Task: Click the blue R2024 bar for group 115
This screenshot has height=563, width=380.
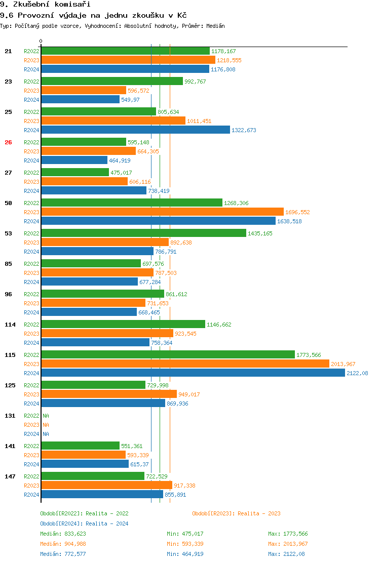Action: (x=193, y=373)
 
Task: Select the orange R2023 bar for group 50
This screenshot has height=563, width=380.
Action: (x=162, y=212)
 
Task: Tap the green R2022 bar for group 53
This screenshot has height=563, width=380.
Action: (x=143, y=233)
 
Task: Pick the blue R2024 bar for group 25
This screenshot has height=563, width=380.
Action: (x=135, y=130)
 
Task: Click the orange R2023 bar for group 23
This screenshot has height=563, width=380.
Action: (x=84, y=91)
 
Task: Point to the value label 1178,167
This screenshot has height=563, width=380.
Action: (x=223, y=51)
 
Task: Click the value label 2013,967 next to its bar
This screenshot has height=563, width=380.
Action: (x=344, y=364)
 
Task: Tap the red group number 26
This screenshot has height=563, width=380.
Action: (x=8, y=142)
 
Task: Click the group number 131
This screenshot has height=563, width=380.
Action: (x=10, y=416)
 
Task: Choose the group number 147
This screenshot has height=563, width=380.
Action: (x=10, y=476)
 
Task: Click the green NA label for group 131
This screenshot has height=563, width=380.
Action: (x=46, y=416)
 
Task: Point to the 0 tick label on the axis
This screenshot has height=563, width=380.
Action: (x=41, y=42)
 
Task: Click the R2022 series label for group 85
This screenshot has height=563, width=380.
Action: (x=31, y=264)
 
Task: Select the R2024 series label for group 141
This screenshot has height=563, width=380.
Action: (x=31, y=464)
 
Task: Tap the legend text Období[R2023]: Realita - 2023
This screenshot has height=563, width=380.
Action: (x=236, y=513)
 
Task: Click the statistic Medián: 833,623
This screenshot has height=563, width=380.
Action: (x=63, y=534)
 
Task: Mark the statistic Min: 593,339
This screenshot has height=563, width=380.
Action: (x=185, y=544)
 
